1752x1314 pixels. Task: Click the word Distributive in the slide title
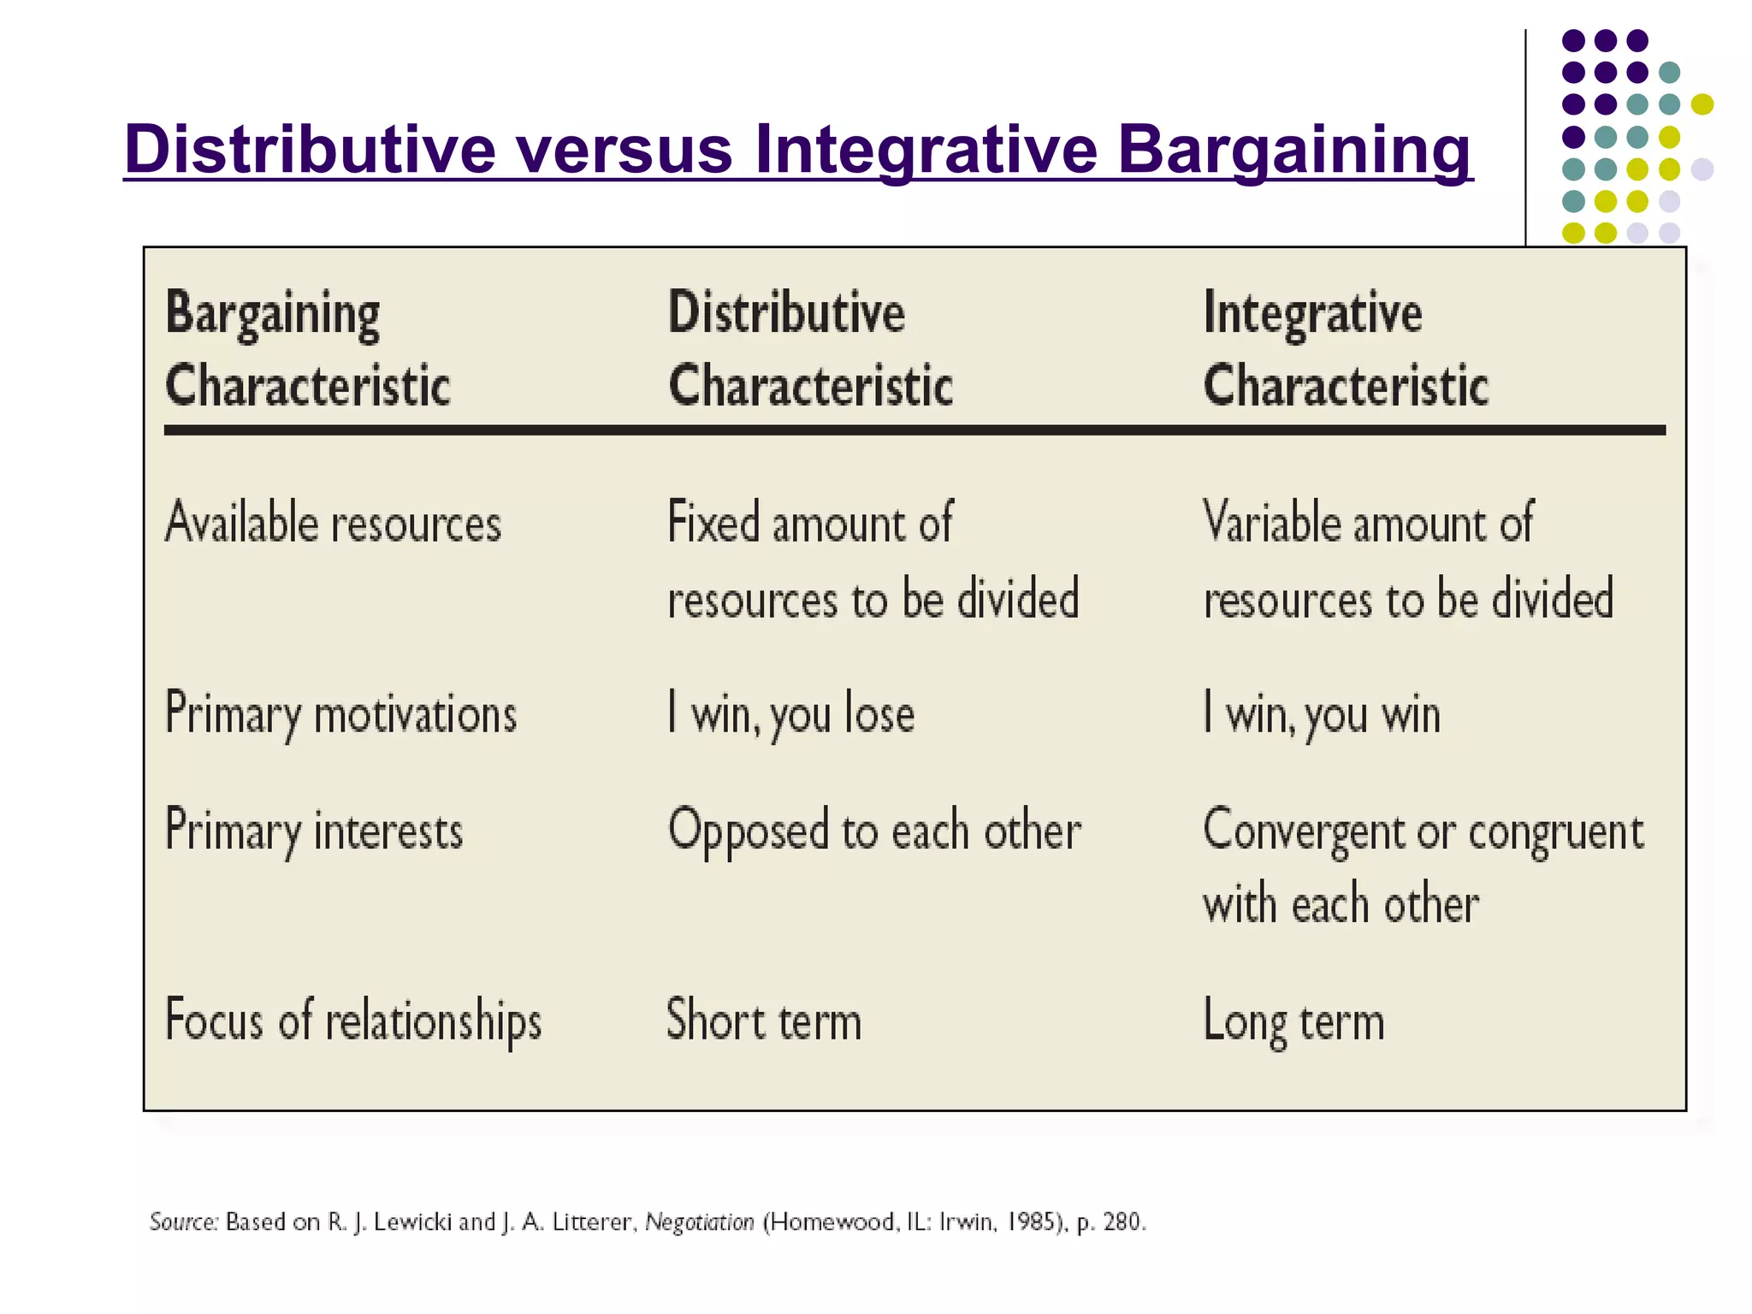[310, 150]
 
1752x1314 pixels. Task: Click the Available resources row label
[333, 523]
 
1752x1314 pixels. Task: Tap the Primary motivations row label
[340, 713]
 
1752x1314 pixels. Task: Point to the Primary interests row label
[313, 831]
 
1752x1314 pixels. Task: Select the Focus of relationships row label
[352, 1021]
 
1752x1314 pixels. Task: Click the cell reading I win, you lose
[790, 713]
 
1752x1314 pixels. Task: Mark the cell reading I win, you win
[1321, 713]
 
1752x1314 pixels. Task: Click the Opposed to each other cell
[873, 831]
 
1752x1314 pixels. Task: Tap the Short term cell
[763, 1021]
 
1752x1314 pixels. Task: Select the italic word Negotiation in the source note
[699, 1222]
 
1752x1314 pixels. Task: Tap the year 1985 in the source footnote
[1030, 1222]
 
